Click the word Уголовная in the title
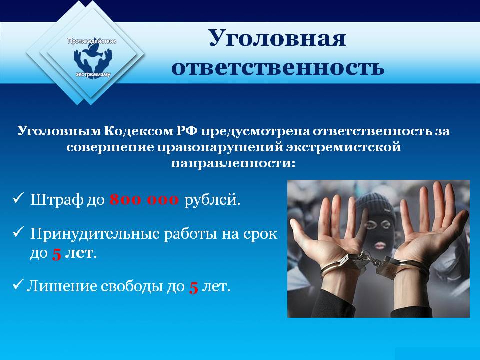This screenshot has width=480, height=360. point(277,39)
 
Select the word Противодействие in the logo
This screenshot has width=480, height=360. point(92,41)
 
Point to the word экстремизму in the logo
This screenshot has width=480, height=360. point(93,74)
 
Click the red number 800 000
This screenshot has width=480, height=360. point(144,200)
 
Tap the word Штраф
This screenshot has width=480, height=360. point(57,200)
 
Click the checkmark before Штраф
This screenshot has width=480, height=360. point(18,198)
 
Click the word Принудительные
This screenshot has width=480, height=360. point(95,234)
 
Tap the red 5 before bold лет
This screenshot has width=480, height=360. point(56,254)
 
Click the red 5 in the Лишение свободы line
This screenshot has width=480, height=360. point(193,288)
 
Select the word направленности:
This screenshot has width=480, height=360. point(233,163)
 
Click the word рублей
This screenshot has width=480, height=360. point(212,201)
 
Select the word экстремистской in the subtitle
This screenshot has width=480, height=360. point(343,147)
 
